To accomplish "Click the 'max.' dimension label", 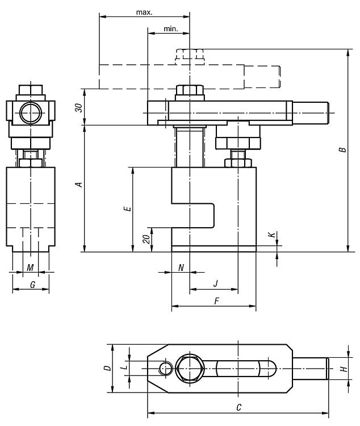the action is pos(144,12).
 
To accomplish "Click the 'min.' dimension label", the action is pos(170,29).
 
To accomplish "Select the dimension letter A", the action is pos(79,185).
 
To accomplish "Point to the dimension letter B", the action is pos(343,150).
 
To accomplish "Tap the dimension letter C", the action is pos(239,407).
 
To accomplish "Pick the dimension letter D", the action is pos(107,368).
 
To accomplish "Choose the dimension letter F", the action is pos(216,301).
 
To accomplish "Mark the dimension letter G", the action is pos(32,285).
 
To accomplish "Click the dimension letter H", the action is pos(344,369).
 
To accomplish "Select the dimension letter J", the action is pos(215,283).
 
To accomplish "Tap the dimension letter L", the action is pos(124,367).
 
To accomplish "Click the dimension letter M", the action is pos(30,268).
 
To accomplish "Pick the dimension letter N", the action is pos(181,268).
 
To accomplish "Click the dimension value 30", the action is pos(79,107).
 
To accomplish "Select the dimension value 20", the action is pos(146,239).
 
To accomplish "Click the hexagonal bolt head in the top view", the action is pos(189,369).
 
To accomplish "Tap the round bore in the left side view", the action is pos(31,113).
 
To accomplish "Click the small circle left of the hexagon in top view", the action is pos(166,369).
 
